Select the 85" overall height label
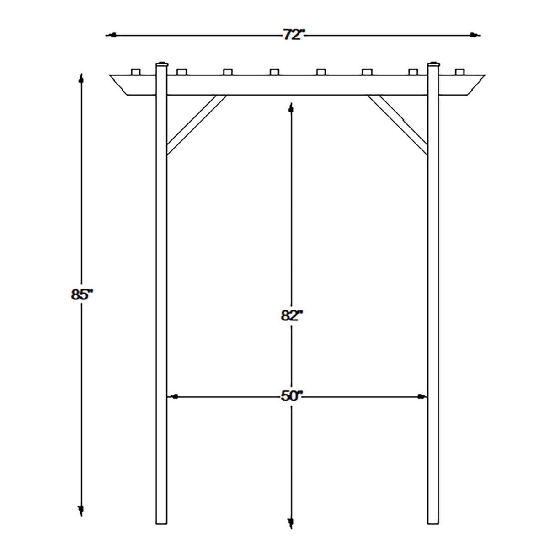(x=82, y=295)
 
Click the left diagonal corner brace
(x=196, y=124)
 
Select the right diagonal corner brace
(x=398, y=124)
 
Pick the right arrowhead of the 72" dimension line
(x=475, y=35)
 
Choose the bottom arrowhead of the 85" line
(x=81, y=510)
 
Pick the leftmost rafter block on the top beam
(x=135, y=72)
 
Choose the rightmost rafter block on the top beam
(x=459, y=72)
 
